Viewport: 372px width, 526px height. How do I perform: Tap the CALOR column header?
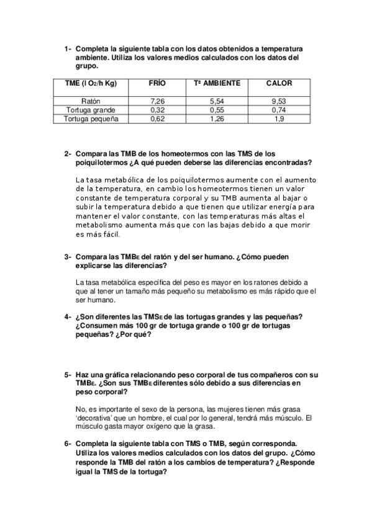click(279, 83)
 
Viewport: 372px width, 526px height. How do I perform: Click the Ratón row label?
click(91, 100)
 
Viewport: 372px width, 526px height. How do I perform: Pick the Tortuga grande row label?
click(91, 110)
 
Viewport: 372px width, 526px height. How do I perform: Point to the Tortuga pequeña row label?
click(91, 119)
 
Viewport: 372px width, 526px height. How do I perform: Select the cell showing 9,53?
click(279, 100)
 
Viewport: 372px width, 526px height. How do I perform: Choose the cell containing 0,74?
click(279, 110)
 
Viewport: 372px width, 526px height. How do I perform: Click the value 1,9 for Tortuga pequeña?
click(279, 119)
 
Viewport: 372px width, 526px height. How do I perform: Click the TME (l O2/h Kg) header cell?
click(91, 83)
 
